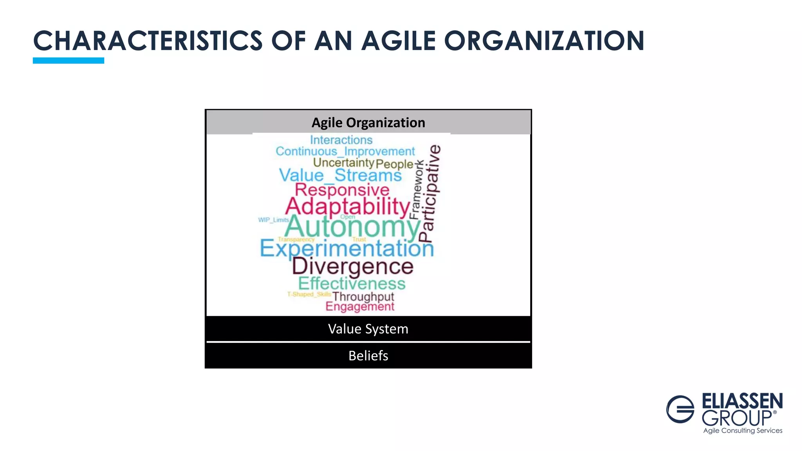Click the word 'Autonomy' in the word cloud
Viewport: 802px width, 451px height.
(x=352, y=227)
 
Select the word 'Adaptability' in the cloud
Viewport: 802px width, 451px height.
(x=348, y=206)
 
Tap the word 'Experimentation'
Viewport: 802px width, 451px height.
(x=347, y=248)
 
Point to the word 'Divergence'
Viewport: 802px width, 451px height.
(x=352, y=267)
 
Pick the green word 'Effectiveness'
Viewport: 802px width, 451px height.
(x=352, y=283)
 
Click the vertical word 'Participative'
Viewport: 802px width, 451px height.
(x=430, y=194)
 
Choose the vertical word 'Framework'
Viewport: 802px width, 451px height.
(x=416, y=190)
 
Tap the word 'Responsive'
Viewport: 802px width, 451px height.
(x=342, y=190)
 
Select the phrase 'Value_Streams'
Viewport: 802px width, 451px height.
(x=340, y=175)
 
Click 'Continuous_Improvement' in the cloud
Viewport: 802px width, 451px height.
(x=345, y=151)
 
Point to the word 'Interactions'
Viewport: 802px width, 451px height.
(x=341, y=140)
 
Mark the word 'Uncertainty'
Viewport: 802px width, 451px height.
(x=343, y=162)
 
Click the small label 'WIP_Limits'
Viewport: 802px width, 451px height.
(x=273, y=220)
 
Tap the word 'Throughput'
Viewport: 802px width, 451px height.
(x=363, y=296)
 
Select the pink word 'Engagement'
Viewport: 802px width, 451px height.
(x=360, y=307)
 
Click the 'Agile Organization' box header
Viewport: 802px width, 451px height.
(x=368, y=123)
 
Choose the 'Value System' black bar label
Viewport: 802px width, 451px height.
(x=368, y=329)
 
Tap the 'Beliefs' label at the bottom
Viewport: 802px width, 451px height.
(x=368, y=355)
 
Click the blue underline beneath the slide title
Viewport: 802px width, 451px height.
(x=69, y=60)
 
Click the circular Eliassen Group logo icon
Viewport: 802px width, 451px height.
(x=680, y=409)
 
